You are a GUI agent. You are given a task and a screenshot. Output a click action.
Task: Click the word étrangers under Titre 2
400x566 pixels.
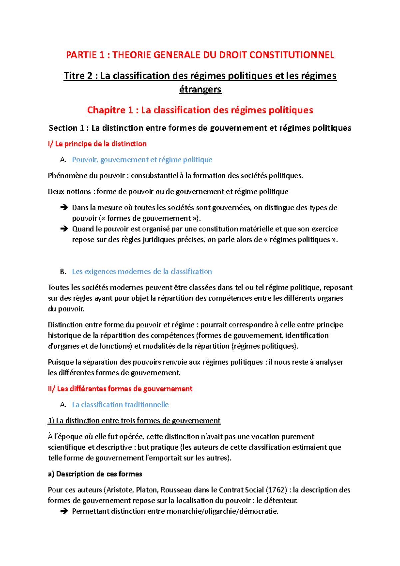pos(200,89)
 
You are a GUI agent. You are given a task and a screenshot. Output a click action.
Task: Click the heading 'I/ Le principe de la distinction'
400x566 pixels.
pos(97,144)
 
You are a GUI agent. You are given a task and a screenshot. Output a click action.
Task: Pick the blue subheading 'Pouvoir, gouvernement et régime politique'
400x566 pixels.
pos(142,160)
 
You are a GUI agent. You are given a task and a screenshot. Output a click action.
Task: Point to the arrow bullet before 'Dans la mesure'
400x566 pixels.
pos(64,208)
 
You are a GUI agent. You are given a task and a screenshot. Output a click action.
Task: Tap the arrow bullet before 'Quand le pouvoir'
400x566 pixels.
pos(64,229)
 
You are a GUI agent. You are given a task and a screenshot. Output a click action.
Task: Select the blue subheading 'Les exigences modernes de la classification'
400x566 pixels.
pos(142,272)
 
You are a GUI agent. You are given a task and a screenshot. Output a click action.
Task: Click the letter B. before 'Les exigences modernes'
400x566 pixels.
pos(63,272)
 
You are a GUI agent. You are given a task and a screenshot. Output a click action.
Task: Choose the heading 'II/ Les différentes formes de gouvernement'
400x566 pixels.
pos(120,389)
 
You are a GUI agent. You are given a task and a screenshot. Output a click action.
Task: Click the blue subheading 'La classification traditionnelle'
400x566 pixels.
pos(120,405)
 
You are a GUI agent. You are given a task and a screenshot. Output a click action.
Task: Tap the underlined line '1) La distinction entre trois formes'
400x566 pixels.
pos(134,421)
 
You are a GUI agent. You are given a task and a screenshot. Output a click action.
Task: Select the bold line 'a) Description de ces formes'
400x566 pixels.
pos(95,474)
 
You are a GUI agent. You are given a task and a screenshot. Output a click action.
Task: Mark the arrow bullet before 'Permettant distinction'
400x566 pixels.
pos(64,511)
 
